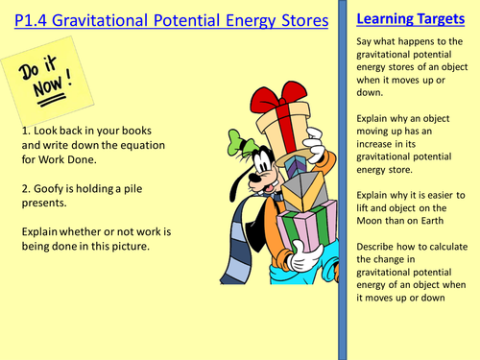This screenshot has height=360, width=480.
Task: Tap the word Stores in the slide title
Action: tap(288, 19)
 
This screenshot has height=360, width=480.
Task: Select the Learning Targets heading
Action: tap(408, 17)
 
